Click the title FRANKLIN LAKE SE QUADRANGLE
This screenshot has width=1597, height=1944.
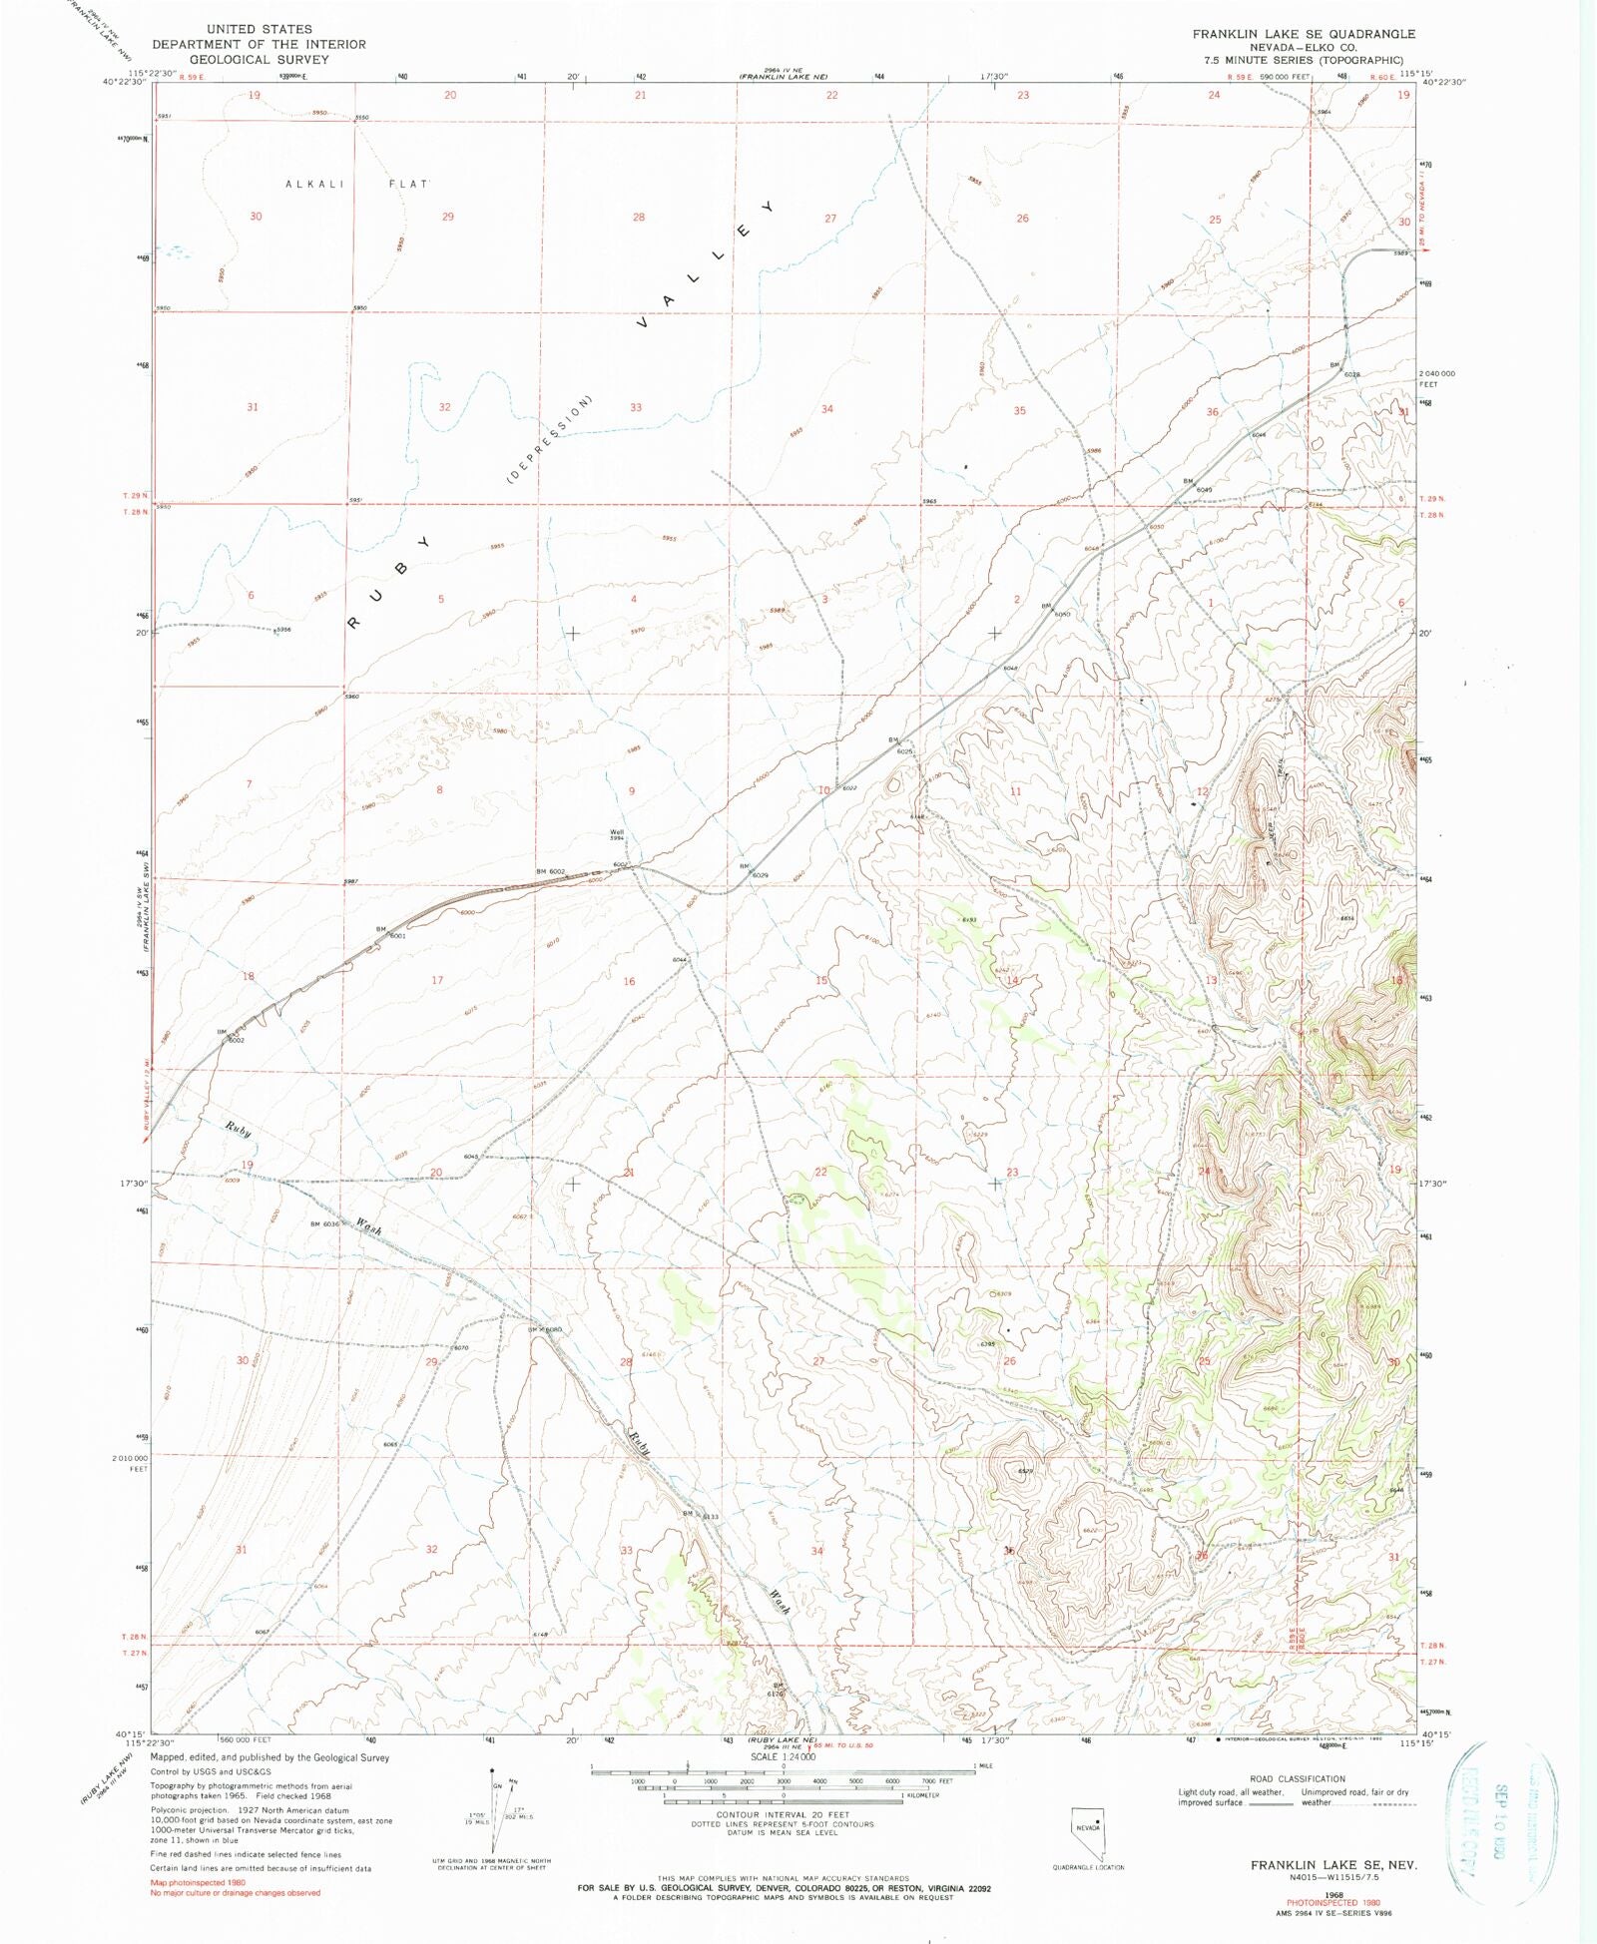(1304, 34)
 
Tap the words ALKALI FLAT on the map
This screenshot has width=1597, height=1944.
(356, 185)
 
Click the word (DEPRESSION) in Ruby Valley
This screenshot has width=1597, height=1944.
(550, 440)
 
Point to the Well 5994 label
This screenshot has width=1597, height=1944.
(618, 835)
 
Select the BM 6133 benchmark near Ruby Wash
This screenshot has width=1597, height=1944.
(701, 1515)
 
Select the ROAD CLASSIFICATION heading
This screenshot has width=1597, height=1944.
(1297, 1778)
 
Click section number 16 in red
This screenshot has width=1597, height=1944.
(629, 981)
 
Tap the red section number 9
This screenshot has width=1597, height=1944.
(631, 791)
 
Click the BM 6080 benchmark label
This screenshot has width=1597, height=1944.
(545, 1329)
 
